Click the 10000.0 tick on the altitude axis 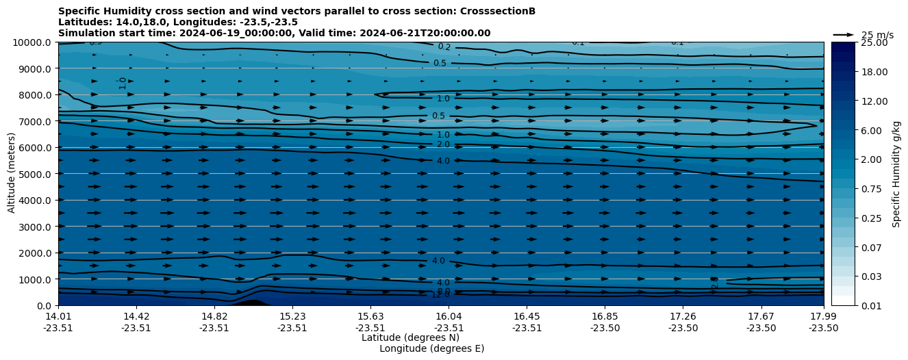click(x=32, y=42)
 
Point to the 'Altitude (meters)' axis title click(x=12, y=174)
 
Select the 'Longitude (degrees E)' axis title click(x=432, y=348)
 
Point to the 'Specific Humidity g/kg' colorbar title click(x=896, y=174)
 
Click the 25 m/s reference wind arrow click(x=844, y=34)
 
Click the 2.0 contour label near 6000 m click(x=443, y=144)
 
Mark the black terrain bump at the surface click(x=251, y=302)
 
